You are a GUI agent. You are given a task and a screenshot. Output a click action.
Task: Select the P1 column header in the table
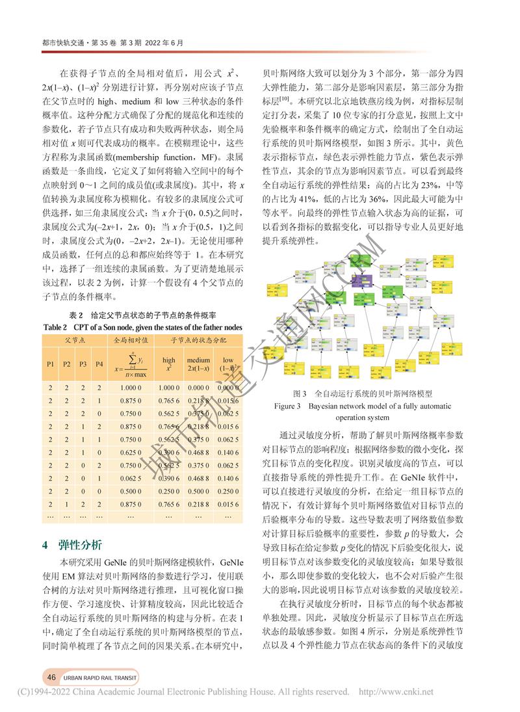pyautogui.click(x=51, y=363)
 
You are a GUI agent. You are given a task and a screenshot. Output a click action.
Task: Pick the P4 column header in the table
pyautogui.click(x=99, y=363)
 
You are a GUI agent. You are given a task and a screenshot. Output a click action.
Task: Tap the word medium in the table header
pyautogui.click(x=198, y=360)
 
